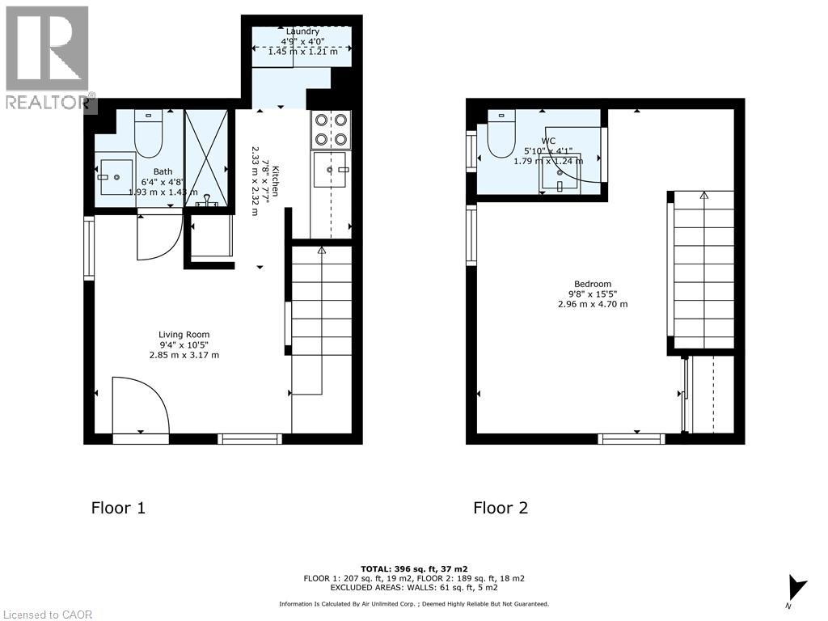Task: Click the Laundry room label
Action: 303,32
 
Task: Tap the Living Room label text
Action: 184,334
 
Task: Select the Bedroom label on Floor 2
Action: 593,284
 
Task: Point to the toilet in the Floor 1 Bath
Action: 149,133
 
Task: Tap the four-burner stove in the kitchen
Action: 331,129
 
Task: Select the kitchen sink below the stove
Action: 331,169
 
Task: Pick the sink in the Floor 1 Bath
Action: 116,177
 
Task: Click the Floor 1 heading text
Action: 118,508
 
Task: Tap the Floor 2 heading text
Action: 500,508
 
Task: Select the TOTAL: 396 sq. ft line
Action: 414,568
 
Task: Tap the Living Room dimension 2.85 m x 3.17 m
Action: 184,355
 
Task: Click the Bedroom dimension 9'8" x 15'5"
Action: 593,294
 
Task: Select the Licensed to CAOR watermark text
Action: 48,615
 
